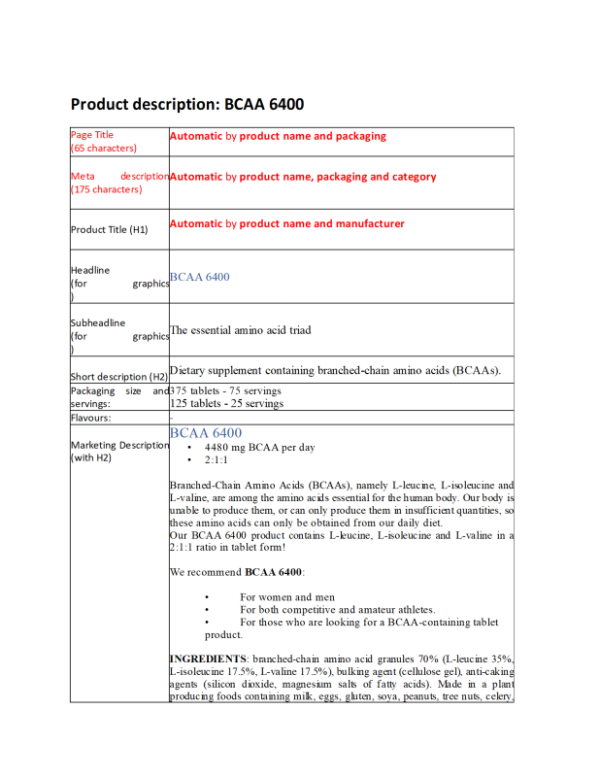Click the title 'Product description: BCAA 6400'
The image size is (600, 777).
(187, 104)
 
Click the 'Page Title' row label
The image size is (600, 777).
(92, 135)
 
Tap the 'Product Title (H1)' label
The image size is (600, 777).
(109, 229)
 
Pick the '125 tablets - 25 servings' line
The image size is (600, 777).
(227, 404)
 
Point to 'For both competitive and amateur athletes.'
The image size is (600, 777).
(337, 609)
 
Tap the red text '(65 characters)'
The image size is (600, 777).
(104, 148)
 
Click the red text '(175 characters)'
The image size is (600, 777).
(106, 189)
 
